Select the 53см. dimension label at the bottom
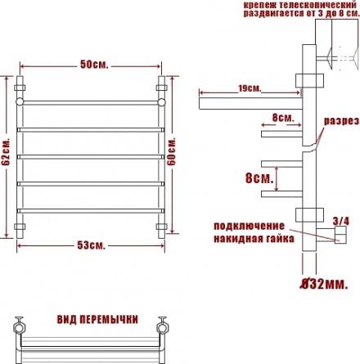pos(91,245)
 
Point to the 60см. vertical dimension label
pos(172,151)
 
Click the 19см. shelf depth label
pos(250,88)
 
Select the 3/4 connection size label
pos(341,221)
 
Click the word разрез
pos(341,121)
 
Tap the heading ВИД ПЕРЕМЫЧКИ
pos(97,319)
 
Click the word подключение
pos(249,226)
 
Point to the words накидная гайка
pos(254,239)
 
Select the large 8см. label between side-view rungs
pos(259,178)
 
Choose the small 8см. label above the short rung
pos(283,118)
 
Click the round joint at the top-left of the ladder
pos(20,101)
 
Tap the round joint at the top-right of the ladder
pos(162,101)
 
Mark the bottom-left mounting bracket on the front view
pos(20,227)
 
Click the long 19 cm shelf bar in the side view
pos(250,103)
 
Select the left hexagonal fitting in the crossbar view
pos(19,327)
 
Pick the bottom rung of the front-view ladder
pos(91,211)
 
